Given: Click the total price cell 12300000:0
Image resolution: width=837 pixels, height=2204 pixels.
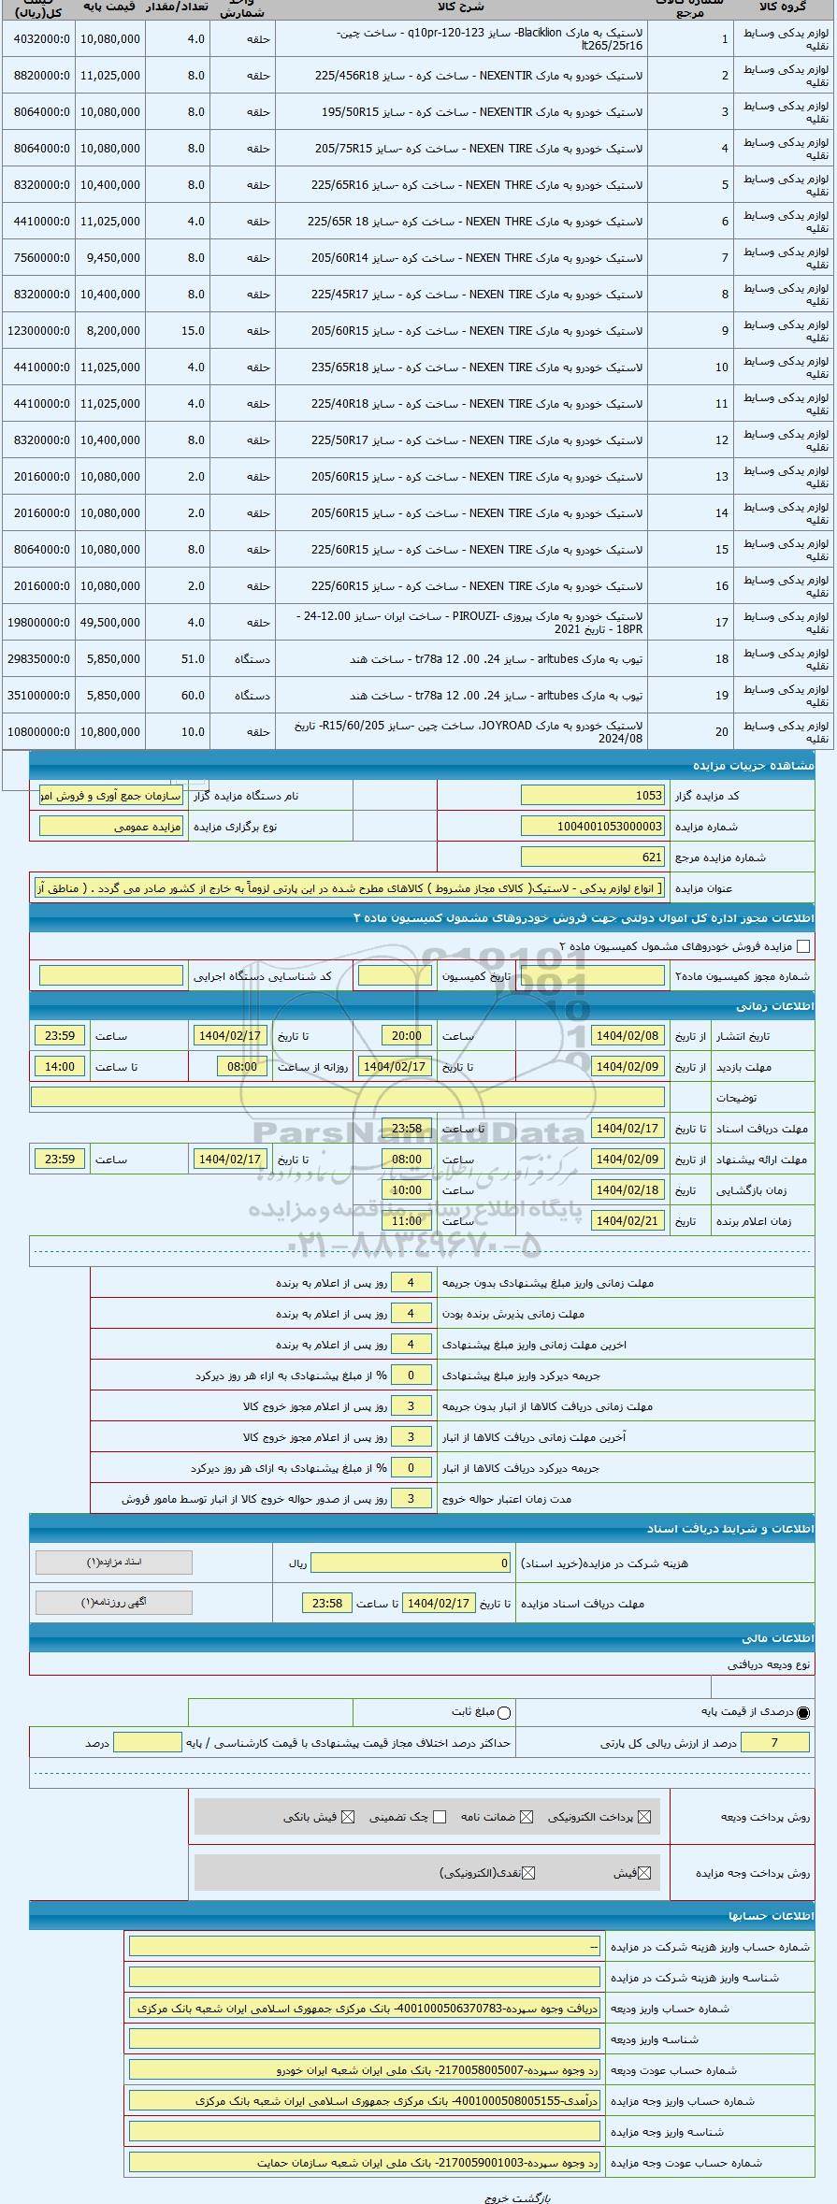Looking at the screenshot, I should (38, 331).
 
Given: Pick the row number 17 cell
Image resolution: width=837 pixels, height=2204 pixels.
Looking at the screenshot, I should (722, 623).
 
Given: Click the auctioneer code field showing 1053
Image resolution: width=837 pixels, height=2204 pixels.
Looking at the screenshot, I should (592, 796).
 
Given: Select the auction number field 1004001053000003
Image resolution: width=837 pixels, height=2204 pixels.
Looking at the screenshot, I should (592, 827).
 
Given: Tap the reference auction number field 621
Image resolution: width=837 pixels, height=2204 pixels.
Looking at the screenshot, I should (592, 857).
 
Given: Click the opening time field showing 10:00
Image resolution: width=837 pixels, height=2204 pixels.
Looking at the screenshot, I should (406, 1190).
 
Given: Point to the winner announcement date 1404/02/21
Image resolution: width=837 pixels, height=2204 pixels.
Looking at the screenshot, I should (628, 1221).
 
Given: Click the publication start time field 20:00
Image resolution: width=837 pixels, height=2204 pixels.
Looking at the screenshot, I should (406, 1036).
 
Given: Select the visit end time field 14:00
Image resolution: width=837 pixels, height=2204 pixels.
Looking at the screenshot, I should (60, 1067).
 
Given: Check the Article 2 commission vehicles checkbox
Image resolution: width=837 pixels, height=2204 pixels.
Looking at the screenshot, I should (802, 946).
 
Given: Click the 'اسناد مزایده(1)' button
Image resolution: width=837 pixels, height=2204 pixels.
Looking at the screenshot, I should (113, 1563).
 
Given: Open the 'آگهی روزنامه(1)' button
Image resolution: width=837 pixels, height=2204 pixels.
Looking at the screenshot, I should (113, 1602).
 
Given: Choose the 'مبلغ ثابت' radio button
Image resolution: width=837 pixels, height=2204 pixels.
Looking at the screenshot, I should (504, 1713).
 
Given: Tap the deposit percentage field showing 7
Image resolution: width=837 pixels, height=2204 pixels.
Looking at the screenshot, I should (774, 1742).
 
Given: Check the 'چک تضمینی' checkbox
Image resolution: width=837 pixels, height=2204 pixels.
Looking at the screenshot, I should (440, 1817).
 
